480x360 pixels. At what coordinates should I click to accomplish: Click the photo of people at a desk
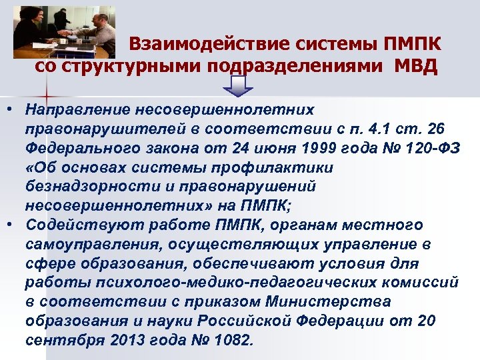point(64,31)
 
